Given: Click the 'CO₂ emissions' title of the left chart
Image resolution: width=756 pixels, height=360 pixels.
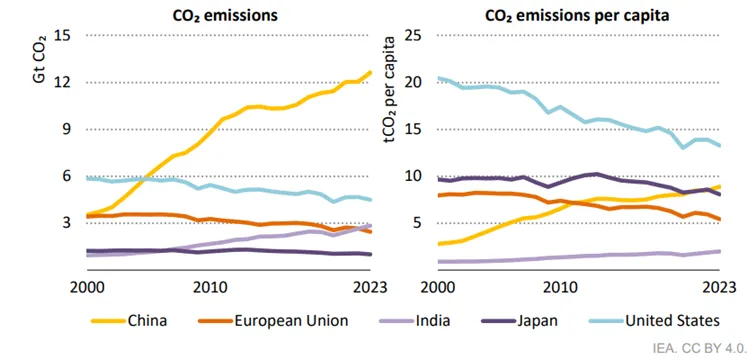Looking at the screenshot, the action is click(225, 15).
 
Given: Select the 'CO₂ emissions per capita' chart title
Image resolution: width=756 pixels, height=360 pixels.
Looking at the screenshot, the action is click(577, 15).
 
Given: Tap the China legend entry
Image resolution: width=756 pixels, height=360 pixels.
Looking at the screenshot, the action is click(129, 320).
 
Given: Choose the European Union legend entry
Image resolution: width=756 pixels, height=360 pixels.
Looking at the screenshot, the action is click(273, 320).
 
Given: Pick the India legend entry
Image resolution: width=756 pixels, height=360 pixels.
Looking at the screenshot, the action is click(414, 320).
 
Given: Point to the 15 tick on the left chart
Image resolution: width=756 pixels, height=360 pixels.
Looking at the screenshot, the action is click(64, 36).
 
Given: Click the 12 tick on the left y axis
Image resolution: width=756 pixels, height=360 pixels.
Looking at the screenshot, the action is click(64, 82).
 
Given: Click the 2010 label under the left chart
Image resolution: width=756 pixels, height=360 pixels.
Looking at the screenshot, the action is click(210, 288).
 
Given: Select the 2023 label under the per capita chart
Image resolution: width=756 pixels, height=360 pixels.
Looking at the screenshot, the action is click(719, 288).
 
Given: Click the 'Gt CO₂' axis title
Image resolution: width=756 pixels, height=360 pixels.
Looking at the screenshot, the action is click(40, 59).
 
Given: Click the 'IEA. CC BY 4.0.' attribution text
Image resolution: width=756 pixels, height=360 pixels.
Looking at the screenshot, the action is click(700, 347).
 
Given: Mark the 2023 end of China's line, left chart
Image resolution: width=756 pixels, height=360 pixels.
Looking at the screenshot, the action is click(370, 72).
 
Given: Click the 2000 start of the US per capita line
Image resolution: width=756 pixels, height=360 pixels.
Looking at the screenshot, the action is click(438, 78).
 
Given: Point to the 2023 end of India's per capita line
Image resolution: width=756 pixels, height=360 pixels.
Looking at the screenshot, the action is click(719, 251).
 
